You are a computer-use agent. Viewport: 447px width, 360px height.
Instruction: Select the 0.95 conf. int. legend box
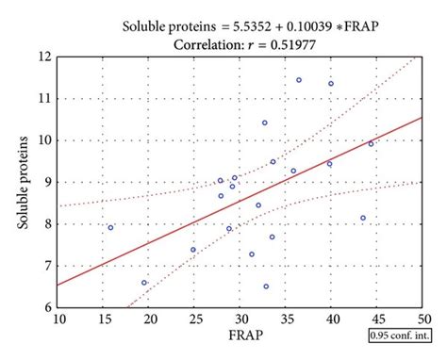[x=398, y=334]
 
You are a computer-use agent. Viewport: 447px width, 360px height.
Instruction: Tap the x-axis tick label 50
[x=423, y=319]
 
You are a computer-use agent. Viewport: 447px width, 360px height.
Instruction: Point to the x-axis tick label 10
[x=59, y=319]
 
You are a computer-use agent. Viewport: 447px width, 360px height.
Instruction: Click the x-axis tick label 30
[x=241, y=319]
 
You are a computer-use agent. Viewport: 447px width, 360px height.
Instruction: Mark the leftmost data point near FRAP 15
[x=110, y=227]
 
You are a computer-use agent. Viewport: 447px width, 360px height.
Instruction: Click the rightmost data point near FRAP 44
[x=371, y=143]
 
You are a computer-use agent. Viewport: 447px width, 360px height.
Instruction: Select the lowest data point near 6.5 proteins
[x=266, y=286]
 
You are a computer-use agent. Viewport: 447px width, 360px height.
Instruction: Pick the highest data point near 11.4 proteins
[x=299, y=80]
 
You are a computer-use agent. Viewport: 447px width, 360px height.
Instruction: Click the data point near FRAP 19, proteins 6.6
[x=144, y=282]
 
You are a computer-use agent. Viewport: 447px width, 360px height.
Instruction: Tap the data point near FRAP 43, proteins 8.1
[x=363, y=218]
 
